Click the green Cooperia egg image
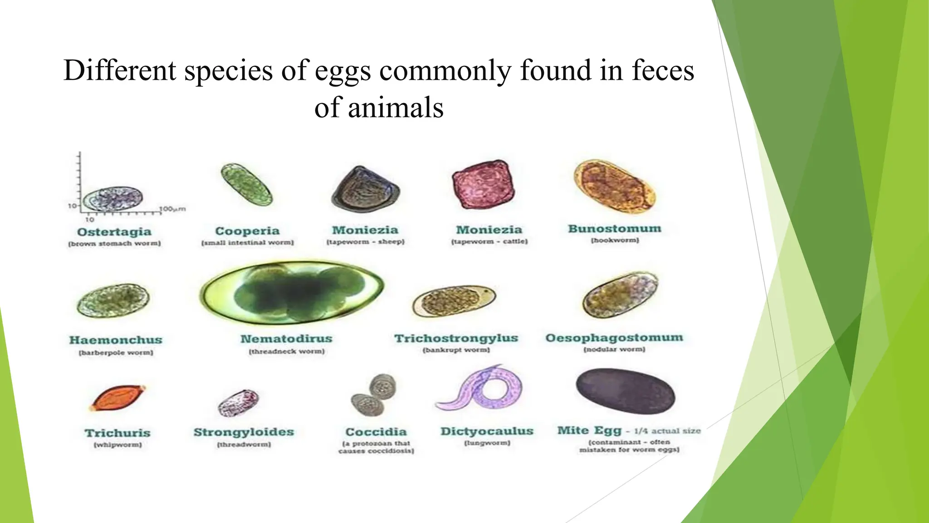(x=247, y=185)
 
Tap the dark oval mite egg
(x=625, y=391)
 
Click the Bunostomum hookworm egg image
(x=614, y=187)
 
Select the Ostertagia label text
(x=114, y=232)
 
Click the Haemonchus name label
(x=116, y=340)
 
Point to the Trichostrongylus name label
(x=456, y=338)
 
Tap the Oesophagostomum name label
(x=614, y=338)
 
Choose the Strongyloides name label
(x=244, y=432)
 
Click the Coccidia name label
(x=376, y=432)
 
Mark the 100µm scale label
(x=172, y=209)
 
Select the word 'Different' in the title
(x=120, y=71)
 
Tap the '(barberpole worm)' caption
(x=116, y=353)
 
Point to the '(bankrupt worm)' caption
(x=456, y=350)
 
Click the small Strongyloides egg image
(x=239, y=403)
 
